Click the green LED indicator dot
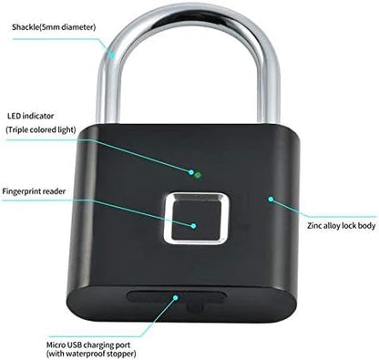pos(195,170)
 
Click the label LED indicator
pos(30,117)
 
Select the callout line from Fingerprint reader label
pos(137,209)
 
